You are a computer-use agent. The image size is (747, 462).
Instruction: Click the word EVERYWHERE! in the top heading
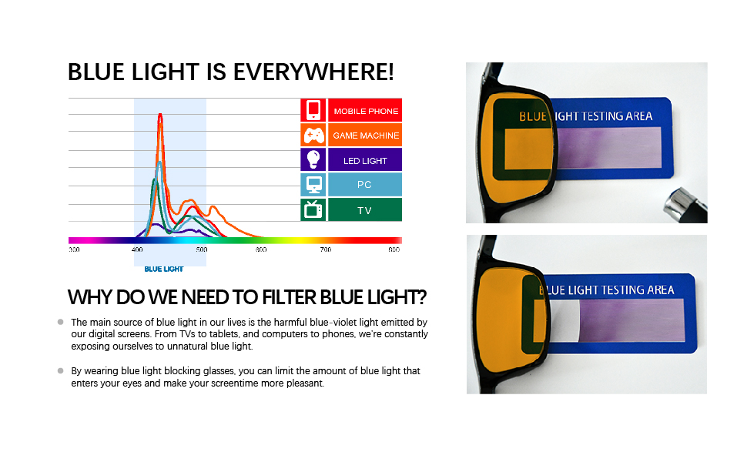point(313,72)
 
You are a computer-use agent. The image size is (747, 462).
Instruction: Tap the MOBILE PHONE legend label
point(366,112)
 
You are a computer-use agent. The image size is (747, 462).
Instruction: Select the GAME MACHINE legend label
point(366,136)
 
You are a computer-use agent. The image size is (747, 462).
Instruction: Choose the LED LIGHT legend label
point(365,161)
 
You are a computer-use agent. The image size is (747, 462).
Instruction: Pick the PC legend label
point(364,185)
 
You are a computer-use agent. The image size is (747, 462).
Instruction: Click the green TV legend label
point(364,210)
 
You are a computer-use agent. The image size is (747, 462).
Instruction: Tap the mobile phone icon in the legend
point(313,110)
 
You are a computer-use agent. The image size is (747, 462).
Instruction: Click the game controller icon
point(314,136)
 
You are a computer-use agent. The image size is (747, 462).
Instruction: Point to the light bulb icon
point(313,159)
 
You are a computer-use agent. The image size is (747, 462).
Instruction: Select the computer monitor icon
point(314,185)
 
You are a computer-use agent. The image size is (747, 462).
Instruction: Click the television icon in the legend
point(313,209)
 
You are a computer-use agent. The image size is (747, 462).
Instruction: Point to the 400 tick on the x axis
point(137,249)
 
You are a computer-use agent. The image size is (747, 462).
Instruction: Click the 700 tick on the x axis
point(326,249)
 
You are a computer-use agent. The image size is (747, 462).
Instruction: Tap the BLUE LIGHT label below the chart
point(164,269)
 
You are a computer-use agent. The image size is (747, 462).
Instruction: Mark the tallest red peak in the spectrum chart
point(160,114)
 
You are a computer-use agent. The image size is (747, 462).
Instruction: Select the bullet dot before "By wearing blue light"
point(61,370)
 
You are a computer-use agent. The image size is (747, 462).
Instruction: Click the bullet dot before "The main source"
point(61,322)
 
